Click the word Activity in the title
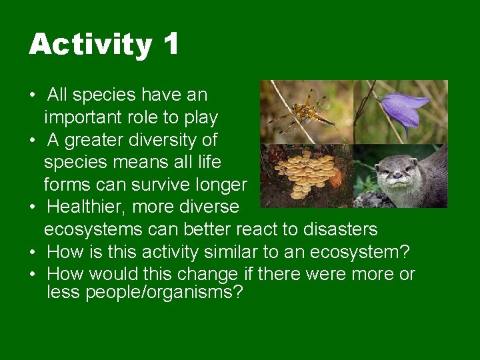tap(90, 45)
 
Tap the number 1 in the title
tap(170, 44)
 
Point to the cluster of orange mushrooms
tap(305, 173)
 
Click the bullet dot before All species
tap(33, 95)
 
